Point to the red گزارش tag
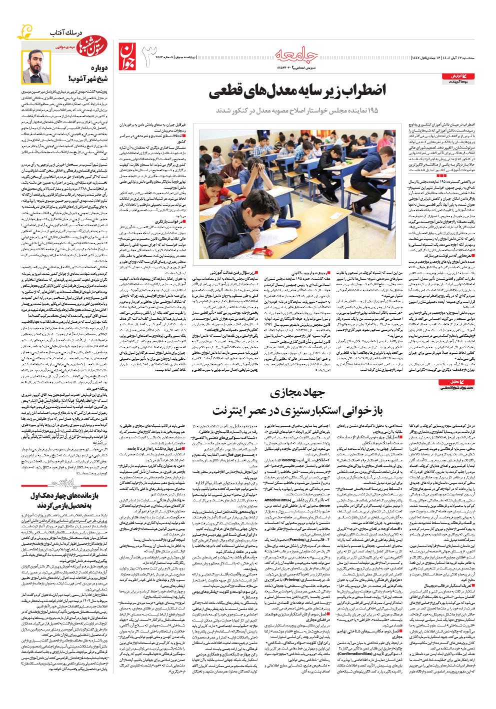(453, 76)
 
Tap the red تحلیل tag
(452, 381)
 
